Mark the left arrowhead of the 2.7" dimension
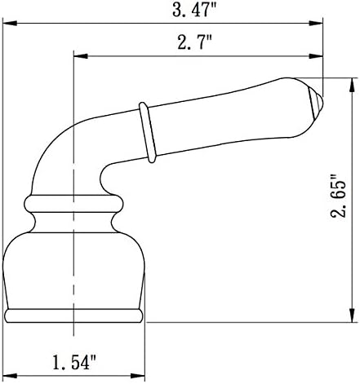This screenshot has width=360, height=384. pos(79,57)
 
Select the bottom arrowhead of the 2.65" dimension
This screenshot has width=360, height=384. pos(352,318)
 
